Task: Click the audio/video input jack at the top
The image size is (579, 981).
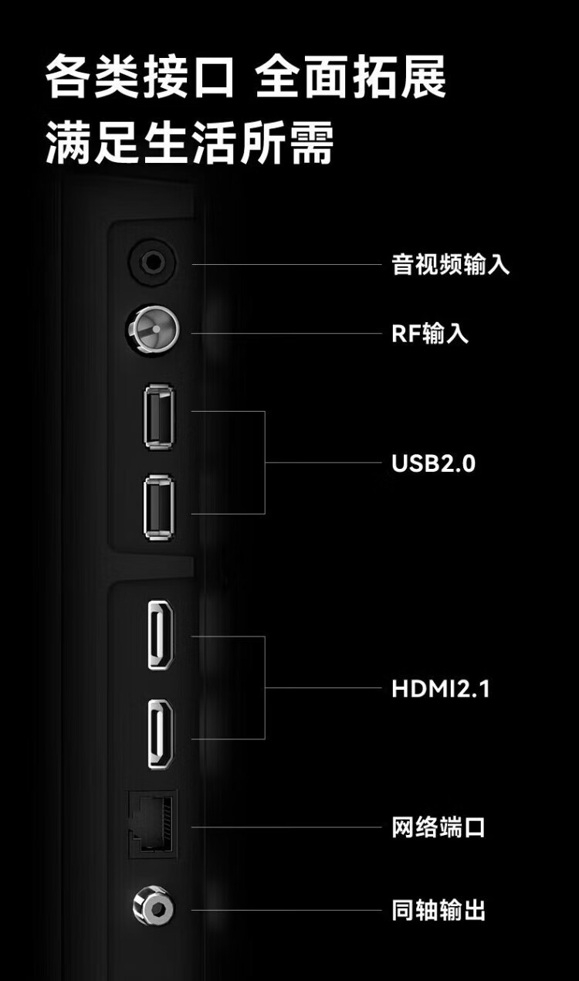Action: [x=151, y=263]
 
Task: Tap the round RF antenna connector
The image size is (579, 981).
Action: [x=152, y=332]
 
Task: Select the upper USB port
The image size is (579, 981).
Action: [x=158, y=417]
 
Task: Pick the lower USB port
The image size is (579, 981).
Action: [x=158, y=507]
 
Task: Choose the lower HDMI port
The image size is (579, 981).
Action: [x=161, y=733]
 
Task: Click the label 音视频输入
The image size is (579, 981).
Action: [x=450, y=265]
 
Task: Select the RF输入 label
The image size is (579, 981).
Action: [x=430, y=334]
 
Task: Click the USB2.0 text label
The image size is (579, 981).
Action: [x=433, y=463]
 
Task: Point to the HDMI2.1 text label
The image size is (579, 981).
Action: [x=440, y=688]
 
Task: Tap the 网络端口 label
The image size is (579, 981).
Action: [x=438, y=828]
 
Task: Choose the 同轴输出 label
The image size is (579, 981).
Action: [x=438, y=911]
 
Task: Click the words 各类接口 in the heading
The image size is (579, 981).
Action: [x=139, y=77]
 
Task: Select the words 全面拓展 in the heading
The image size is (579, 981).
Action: [x=351, y=77]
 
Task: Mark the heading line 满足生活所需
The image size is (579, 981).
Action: [x=190, y=144]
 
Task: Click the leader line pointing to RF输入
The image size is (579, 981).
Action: [x=286, y=334]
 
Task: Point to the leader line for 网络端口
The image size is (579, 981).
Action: [x=286, y=827]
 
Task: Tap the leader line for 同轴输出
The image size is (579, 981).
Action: [x=286, y=910]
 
